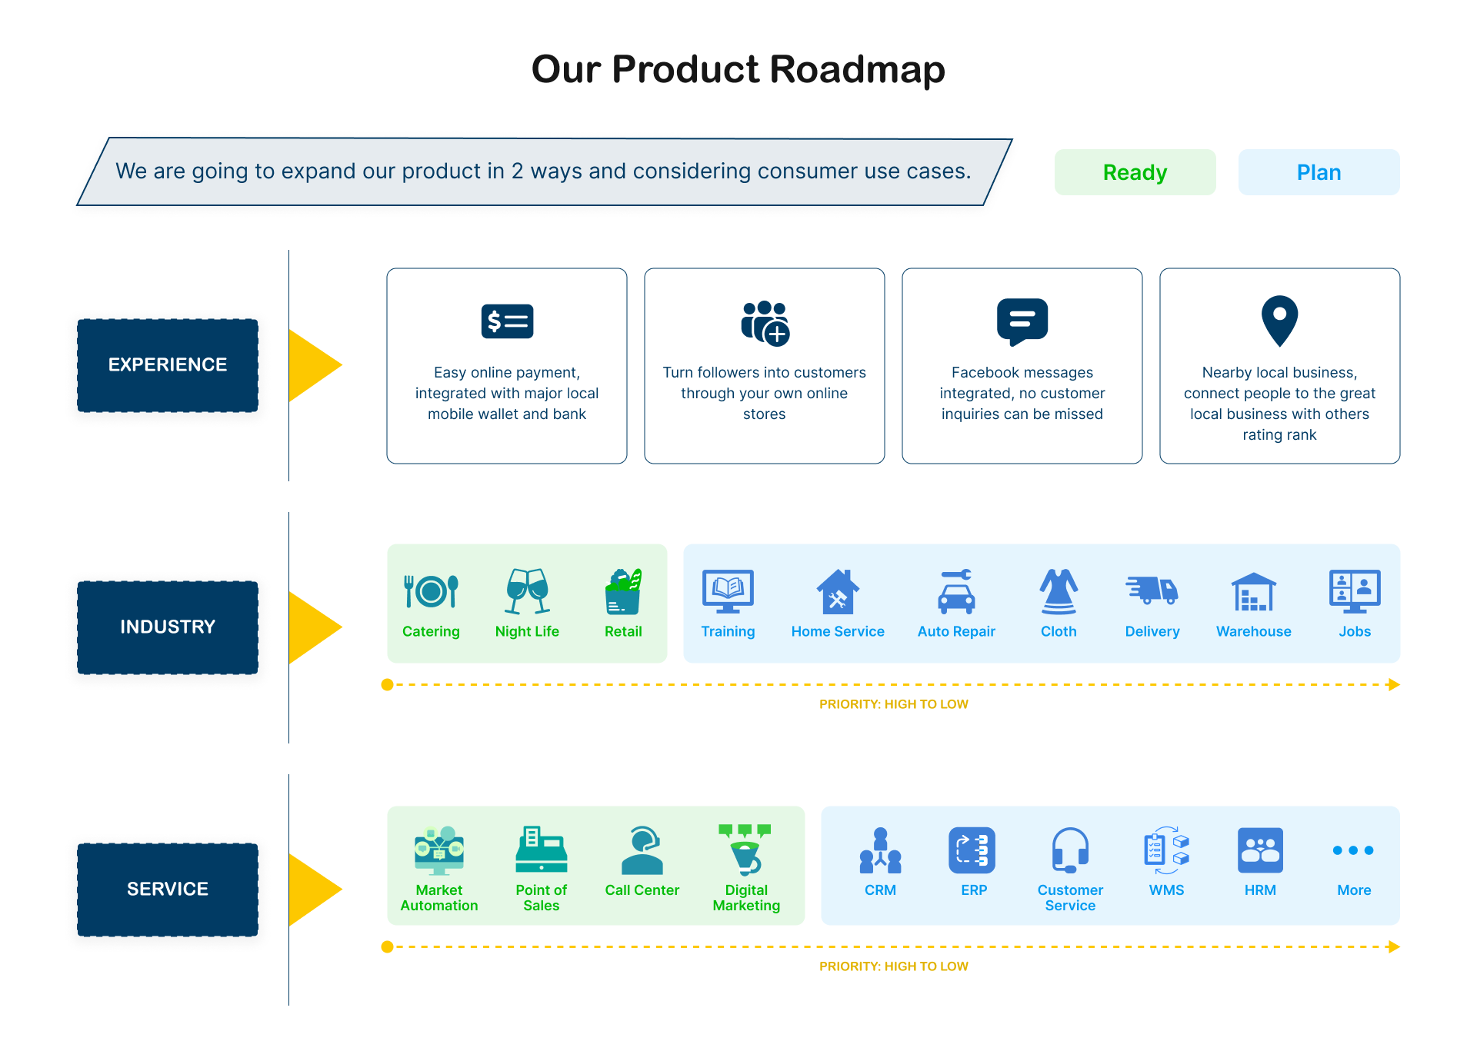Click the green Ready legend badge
click(x=1135, y=172)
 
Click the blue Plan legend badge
click(x=1319, y=172)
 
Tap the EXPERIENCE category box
click(x=168, y=365)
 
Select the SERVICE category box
click(x=168, y=890)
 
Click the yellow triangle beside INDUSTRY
click(x=312, y=627)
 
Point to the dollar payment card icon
click(x=507, y=321)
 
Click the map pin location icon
click(x=1279, y=321)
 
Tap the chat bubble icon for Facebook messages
click(x=1022, y=322)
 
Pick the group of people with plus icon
click(x=765, y=323)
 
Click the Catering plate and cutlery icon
click(x=431, y=591)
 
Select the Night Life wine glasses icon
click(x=528, y=591)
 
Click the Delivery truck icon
click(x=1152, y=590)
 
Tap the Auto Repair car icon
click(x=956, y=591)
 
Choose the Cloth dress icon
click(x=1059, y=591)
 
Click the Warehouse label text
click(x=1254, y=631)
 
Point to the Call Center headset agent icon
click(x=642, y=850)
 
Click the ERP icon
click(x=972, y=850)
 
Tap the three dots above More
click(x=1353, y=850)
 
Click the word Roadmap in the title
click(x=857, y=69)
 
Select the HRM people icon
click(x=1260, y=850)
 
